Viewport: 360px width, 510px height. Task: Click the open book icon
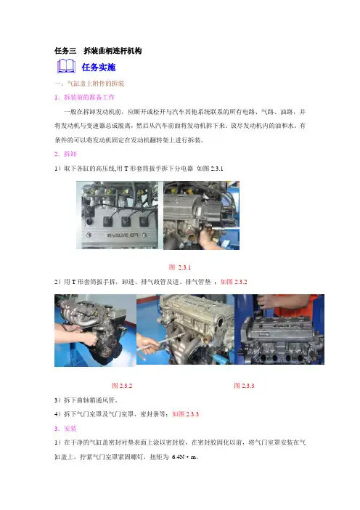click(66, 66)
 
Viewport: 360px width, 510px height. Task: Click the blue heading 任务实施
click(99, 68)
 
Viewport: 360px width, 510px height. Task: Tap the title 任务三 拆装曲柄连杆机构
click(98, 51)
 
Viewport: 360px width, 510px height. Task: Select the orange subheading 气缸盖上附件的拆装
click(96, 84)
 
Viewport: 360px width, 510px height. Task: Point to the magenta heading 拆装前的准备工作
click(89, 97)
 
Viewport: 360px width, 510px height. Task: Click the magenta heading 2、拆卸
click(65, 154)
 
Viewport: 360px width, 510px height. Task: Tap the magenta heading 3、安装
click(65, 429)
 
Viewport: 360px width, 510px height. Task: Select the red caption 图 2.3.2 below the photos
click(122, 386)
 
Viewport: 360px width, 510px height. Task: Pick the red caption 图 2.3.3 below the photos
click(244, 386)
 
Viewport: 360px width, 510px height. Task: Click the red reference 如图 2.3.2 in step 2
click(234, 282)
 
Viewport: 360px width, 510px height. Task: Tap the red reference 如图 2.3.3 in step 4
click(186, 414)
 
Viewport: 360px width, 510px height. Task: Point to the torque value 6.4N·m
click(184, 457)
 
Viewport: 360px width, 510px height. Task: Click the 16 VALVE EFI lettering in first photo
click(123, 235)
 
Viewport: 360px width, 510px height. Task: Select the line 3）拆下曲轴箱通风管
click(86, 400)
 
